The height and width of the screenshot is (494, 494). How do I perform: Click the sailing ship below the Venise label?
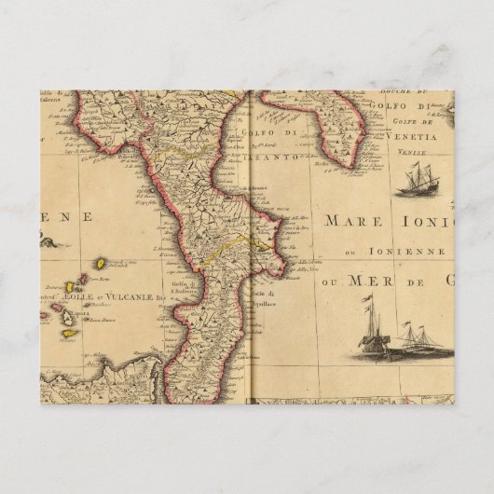point(417,180)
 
